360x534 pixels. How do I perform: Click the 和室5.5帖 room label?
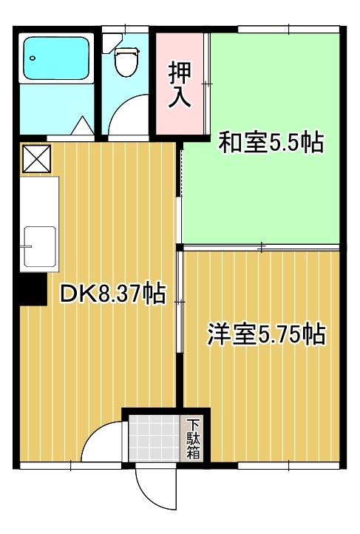[x=270, y=142]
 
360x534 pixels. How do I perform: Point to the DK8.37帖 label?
[x=112, y=294]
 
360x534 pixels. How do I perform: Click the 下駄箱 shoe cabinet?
[x=193, y=439]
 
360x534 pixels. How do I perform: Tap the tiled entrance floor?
[x=154, y=439]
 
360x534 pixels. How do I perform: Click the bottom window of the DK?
[x=70, y=466]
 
